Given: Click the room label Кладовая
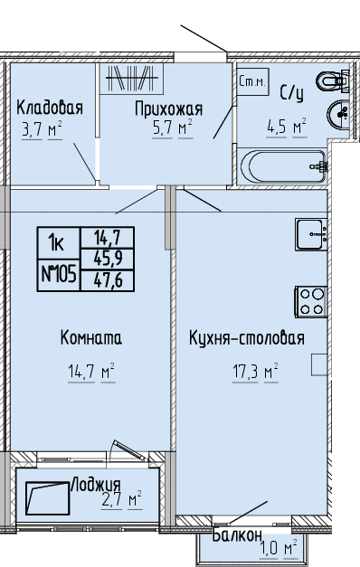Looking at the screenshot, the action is click(50, 108).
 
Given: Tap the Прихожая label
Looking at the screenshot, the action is click(168, 109).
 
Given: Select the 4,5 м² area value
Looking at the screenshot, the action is click(287, 127).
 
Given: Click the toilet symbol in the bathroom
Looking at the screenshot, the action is click(333, 80).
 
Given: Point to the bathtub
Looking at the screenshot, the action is click(284, 166).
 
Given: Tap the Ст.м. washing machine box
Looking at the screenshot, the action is click(253, 82).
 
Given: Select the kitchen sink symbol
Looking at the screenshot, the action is click(311, 234).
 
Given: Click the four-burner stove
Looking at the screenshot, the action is click(311, 302).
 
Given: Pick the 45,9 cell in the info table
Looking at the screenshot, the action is click(108, 259).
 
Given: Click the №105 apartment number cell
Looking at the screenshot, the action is click(59, 275).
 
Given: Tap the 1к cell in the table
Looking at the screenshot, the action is click(58, 243).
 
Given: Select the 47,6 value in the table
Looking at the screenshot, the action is click(108, 280).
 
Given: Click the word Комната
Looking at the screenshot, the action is click(90, 337).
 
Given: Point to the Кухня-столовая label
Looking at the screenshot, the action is click(247, 338).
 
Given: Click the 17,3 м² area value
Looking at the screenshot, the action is click(255, 372).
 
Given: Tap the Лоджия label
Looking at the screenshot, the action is click(96, 485).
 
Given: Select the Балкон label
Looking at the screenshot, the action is click(237, 534).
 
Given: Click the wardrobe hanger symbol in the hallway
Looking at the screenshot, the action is click(132, 79).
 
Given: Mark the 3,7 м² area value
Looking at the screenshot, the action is click(43, 129).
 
